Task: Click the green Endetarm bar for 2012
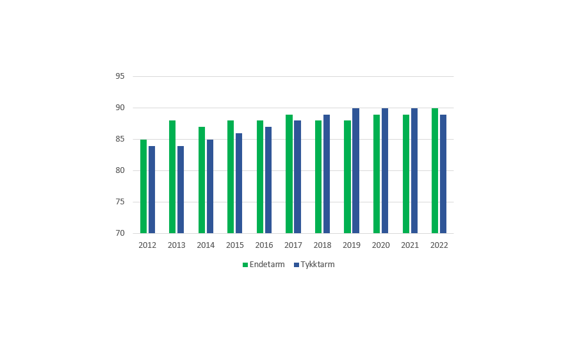[143, 186]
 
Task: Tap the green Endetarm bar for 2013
[172, 177]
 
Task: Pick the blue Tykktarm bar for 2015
[239, 183]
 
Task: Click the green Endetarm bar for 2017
[289, 174]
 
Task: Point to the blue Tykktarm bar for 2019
[355, 170]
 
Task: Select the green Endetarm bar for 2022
[435, 170]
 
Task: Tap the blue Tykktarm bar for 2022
[443, 174]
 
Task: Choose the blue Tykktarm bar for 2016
[268, 180]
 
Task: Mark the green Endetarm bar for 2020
[377, 174]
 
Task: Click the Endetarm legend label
[268, 265]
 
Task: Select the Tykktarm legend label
[318, 265]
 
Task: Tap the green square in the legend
[245, 265]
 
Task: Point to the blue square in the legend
[297, 265]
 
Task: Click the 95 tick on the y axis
[120, 76]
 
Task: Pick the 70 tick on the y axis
[120, 233]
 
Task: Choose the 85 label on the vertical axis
[120, 139]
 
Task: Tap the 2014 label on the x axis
[206, 245]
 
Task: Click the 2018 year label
[322, 245]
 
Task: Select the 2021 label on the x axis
[410, 245]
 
